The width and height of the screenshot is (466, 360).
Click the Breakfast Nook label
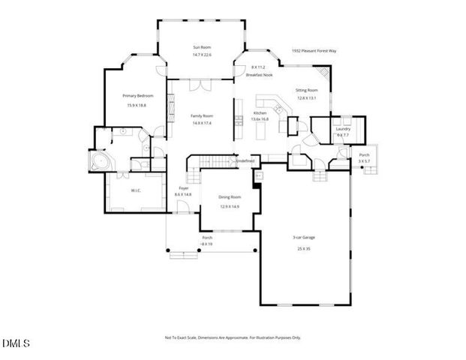coord(258,76)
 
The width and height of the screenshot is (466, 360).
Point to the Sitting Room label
coord(306,90)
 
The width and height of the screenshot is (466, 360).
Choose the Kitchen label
coord(260,112)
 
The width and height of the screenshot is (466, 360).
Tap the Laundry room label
coord(343,129)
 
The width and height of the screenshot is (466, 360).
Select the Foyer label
coord(183,188)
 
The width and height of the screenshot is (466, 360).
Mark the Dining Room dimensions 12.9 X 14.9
coord(229,206)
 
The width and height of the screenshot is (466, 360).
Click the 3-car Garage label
coord(303,238)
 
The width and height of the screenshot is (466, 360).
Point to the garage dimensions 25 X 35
coord(303,249)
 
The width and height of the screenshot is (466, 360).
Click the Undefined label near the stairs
coord(245,160)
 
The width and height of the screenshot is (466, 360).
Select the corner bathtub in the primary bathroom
coord(97,163)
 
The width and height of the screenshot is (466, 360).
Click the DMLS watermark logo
coord(16,344)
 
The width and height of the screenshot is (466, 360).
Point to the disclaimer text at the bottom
coord(233,337)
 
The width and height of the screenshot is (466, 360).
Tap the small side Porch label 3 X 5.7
coord(364,157)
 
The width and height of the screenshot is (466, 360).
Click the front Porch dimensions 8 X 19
coord(207,244)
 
